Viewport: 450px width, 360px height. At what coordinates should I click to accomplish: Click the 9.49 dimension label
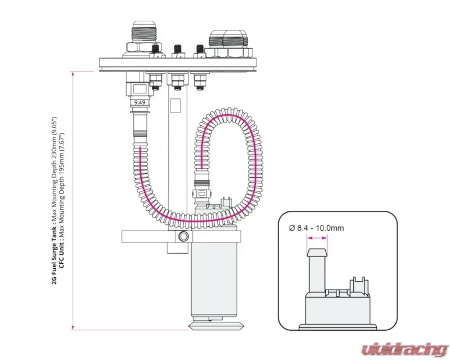coord(139,102)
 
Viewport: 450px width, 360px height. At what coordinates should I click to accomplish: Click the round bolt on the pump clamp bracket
coord(182,238)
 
